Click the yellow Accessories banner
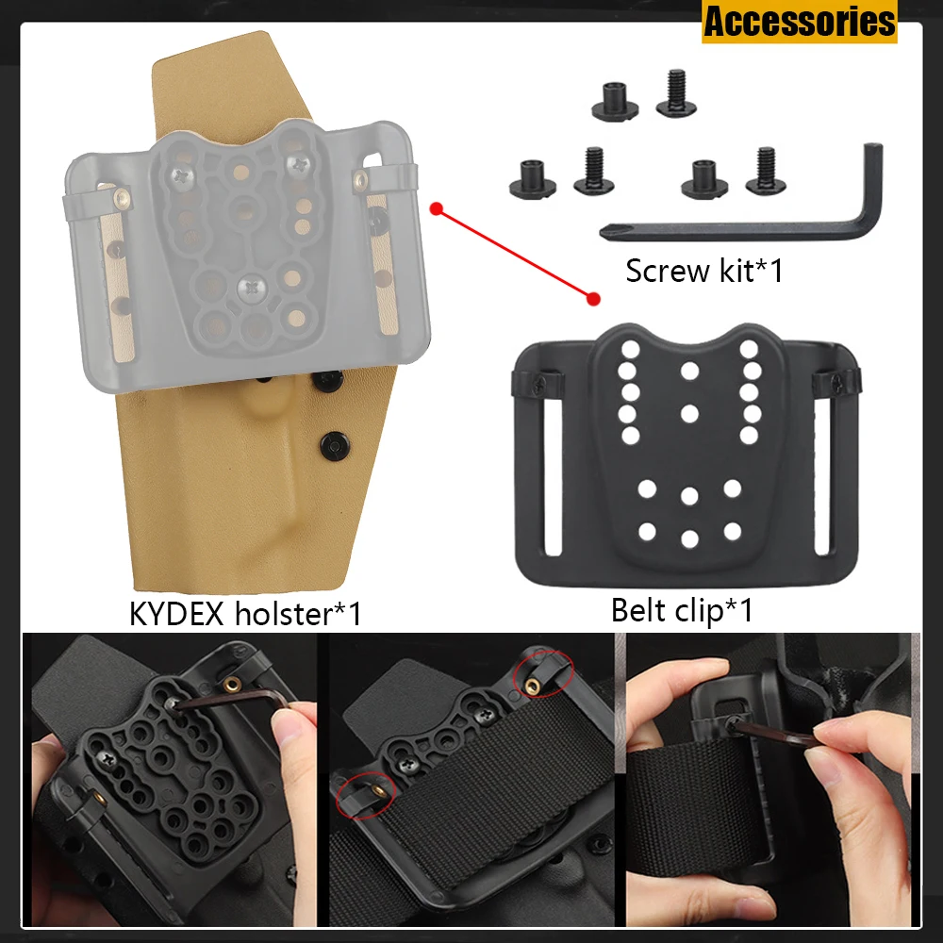pyautogui.click(x=799, y=22)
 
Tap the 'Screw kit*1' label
pyautogui.click(x=703, y=272)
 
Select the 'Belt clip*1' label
pyautogui.click(x=681, y=610)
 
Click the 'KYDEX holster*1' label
pyautogui.click(x=245, y=614)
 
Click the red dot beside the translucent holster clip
pyautogui.click(x=435, y=207)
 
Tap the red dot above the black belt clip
pyautogui.click(x=593, y=300)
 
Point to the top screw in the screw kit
pyautogui.click(x=675, y=92)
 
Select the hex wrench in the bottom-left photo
pyautogui.click(x=226, y=701)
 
